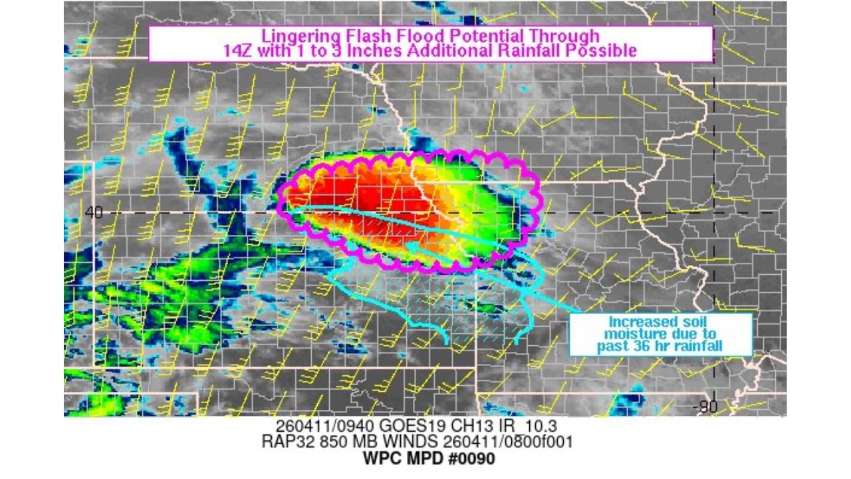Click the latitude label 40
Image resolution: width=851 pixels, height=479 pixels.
point(94,212)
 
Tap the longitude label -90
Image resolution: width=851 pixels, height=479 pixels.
point(706,407)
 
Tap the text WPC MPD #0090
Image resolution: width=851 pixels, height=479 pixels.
point(429,459)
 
